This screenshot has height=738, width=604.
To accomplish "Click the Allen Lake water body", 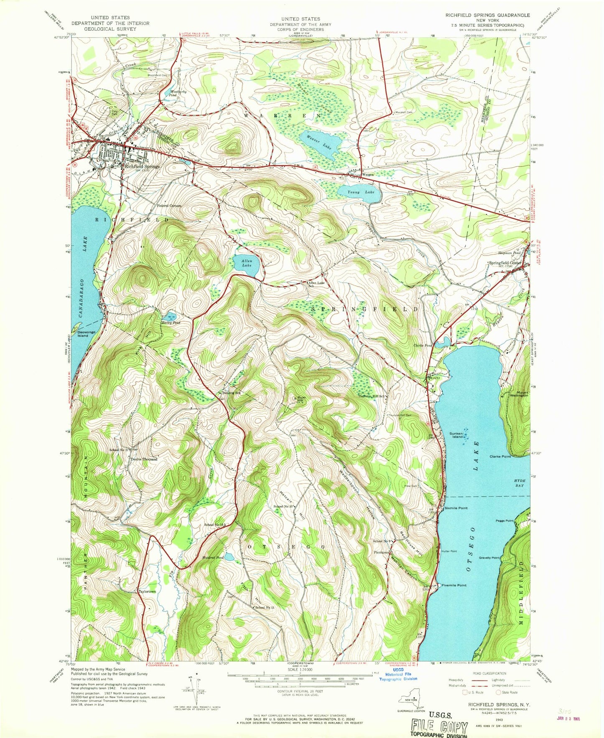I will click(247, 268).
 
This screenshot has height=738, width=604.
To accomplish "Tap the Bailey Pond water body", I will click(171, 314).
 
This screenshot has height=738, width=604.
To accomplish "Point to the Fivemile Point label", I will click(454, 585).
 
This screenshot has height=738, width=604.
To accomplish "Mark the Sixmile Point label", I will click(456, 508).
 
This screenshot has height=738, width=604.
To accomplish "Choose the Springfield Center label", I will click(505, 263).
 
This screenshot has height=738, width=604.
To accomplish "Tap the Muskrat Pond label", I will click(213, 558).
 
